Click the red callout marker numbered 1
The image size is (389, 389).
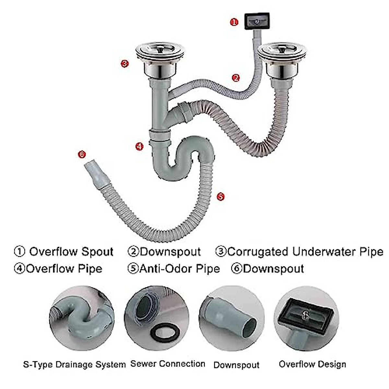click(234, 22)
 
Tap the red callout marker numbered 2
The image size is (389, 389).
click(236, 78)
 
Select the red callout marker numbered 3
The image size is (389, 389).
click(124, 64)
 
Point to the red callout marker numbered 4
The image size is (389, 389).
click(139, 147)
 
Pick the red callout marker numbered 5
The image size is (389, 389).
click(220, 196)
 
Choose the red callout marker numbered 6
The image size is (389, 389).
click(82, 154)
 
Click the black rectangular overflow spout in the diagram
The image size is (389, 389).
click(257, 21)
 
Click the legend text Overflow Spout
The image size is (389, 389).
click(71, 252)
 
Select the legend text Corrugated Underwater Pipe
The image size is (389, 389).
click(305, 252)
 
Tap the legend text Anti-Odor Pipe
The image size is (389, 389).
click(179, 269)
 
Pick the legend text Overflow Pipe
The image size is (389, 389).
click(64, 269)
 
